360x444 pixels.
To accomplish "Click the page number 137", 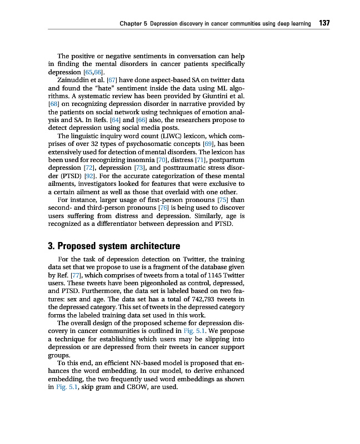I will (x=324, y=23).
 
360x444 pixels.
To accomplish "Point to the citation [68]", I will (x=54, y=104).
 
